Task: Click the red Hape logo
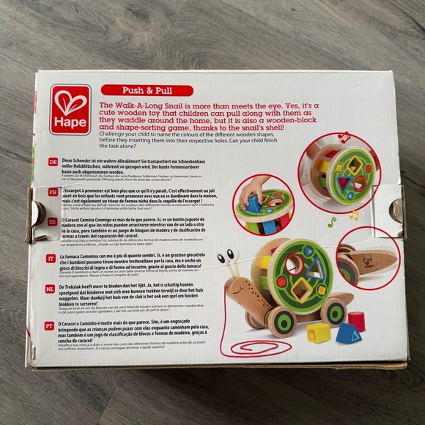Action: [x=70, y=110]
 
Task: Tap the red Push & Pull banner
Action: [x=147, y=91]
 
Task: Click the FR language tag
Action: [x=53, y=191]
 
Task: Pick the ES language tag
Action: [x=53, y=221]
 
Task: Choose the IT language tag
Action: [x=51, y=259]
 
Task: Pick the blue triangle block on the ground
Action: [x=348, y=333]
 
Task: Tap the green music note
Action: [x=331, y=221]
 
